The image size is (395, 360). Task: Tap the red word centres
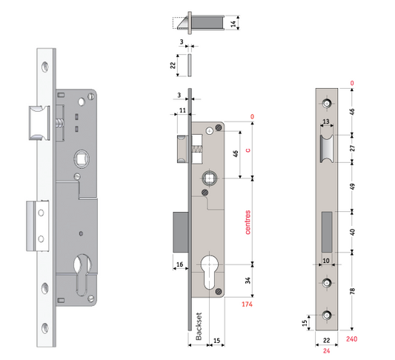[x=247, y=222]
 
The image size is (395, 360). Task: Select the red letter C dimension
[x=247, y=149]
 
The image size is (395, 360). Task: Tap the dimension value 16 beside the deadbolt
[x=179, y=264]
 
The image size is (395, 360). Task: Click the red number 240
[x=353, y=338]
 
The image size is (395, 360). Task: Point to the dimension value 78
[x=352, y=292]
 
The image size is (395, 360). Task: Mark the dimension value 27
[x=352, y=147]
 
